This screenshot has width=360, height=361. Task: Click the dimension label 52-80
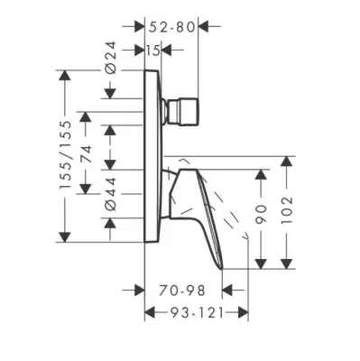tap(171, 27)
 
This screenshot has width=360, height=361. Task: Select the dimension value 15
tap(153, 51)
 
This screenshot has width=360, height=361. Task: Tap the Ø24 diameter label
tap(111, 58)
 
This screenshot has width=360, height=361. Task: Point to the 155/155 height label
tap(66, 154)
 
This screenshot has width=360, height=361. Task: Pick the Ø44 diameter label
tap(111, 194)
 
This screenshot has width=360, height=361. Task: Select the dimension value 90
tap(261, 214)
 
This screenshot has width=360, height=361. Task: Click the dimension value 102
tap(287, 209)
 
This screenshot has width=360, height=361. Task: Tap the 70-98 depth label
tap(182, 291)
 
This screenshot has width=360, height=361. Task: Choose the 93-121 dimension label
tap(198, 313)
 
